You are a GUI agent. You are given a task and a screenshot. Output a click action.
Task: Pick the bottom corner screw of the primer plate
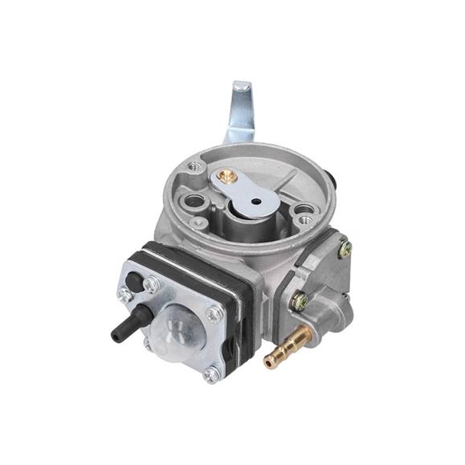click(x=210, y=374)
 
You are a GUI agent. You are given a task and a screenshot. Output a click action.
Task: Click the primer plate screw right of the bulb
click(x=214, y=314)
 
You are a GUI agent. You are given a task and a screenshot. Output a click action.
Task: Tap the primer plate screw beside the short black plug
click(x=152, y=283)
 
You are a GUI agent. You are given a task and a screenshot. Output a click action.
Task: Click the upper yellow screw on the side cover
click(x=345, y=250)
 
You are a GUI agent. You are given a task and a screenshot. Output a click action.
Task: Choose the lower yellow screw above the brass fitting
click(x=300, y=302)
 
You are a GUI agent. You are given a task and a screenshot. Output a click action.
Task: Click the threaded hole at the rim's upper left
click(x=193, y=167)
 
